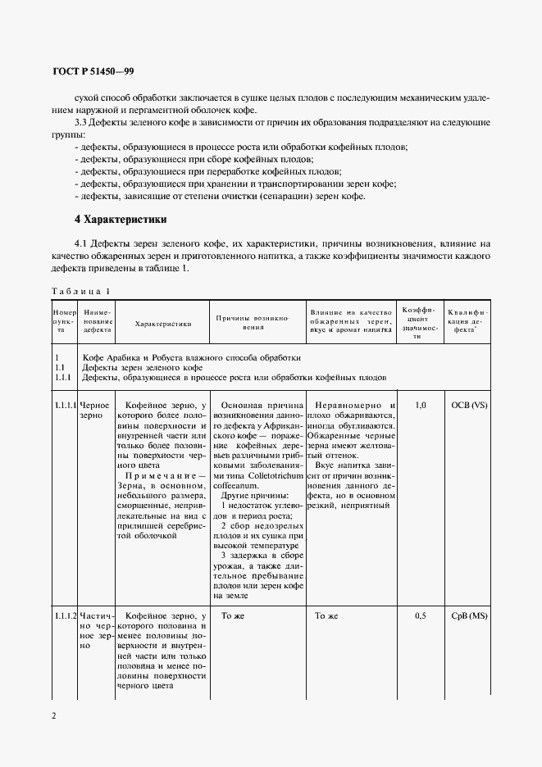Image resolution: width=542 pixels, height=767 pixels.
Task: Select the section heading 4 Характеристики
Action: pos(121,220)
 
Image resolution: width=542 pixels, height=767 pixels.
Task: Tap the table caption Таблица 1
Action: pos(80,292)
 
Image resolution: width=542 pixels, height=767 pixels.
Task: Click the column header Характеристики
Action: pos(162,324)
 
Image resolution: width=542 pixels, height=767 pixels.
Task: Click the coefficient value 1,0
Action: pos(421,406)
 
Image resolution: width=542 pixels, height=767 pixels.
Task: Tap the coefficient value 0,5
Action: pos(421,615)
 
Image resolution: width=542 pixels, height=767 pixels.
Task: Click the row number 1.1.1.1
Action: pos(66,406)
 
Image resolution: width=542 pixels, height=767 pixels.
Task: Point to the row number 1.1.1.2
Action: pos(66,615)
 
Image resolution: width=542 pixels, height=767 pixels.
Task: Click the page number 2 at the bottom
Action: pos(54,715)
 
